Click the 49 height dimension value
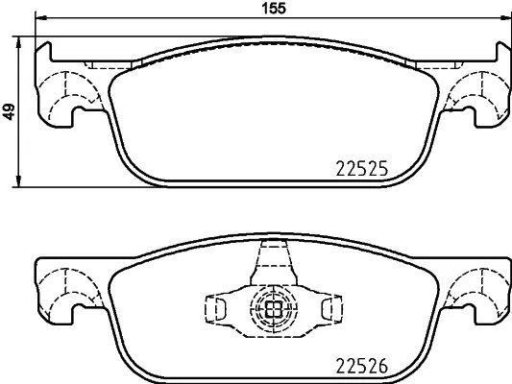pos(10,111)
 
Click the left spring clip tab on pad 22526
pos(216,308)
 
